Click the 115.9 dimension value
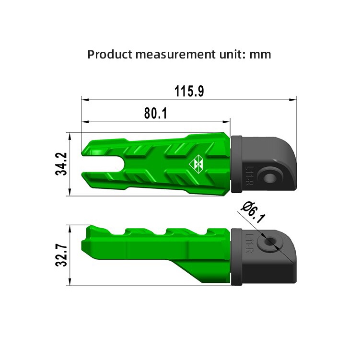click(189, 91)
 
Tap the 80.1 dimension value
click(156, 113)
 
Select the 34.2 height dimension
click(61, 164)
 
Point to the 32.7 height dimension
click(61, 255)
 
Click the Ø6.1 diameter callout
click(253, 212)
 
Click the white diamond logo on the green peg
click(196, 164)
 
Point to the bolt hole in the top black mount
click(270, 178)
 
